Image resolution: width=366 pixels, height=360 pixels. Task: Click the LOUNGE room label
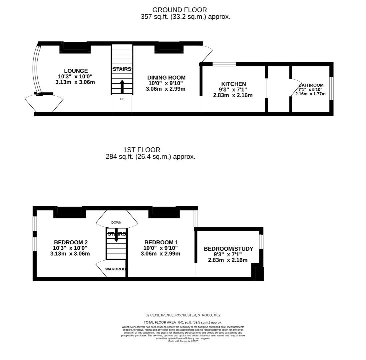[76, 71]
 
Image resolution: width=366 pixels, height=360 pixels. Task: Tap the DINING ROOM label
[166, 78]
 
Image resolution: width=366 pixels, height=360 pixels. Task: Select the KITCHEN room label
[233, 84]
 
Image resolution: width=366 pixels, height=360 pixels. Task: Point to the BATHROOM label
[311, 85]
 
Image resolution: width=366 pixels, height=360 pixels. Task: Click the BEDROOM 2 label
[71, 242]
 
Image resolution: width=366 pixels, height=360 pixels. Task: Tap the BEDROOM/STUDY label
[228, 249]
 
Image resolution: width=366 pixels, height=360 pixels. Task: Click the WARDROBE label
[117, 269]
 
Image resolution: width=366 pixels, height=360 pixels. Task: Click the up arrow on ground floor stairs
[122, 86]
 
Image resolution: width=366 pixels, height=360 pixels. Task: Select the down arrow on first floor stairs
[116, 237]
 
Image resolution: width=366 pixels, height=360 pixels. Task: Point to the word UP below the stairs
[122, 99]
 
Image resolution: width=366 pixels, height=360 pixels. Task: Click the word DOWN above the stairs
[116, 222]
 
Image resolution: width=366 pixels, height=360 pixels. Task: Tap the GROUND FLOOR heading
[180, 10]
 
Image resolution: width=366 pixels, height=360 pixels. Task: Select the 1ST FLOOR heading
[142, 150]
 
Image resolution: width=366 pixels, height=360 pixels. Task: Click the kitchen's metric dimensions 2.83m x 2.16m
[233, 95]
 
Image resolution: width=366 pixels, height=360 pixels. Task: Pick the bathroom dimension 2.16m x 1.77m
[310, 94]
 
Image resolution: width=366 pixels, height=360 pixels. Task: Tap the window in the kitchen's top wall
[224, 64]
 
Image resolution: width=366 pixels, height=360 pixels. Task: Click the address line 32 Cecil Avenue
[183, 315]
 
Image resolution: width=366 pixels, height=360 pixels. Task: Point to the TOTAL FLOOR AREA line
[183, 322]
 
